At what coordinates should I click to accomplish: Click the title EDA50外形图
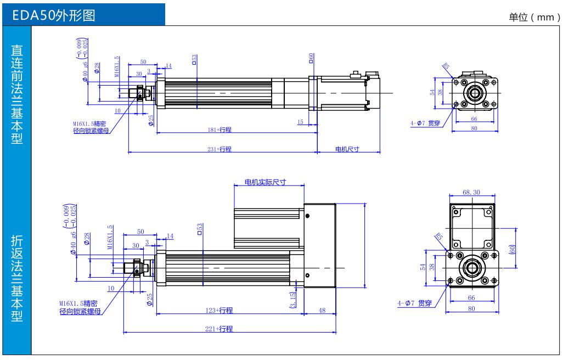click(x=57, y=16)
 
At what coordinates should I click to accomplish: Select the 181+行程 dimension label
click(x=219, y=130)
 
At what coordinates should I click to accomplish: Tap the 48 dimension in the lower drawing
click(x=322, y=311)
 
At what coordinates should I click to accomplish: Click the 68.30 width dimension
click(x=471, y=193)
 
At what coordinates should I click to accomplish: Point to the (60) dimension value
click(x=512, y=248)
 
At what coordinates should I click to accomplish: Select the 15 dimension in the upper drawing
click(x=301, y=121)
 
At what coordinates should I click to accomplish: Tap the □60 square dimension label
click(x=311, y=58)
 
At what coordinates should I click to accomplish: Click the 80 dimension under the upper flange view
click(x=474, y=128)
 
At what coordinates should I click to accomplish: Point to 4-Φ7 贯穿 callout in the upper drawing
click(x=426, y=123)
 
